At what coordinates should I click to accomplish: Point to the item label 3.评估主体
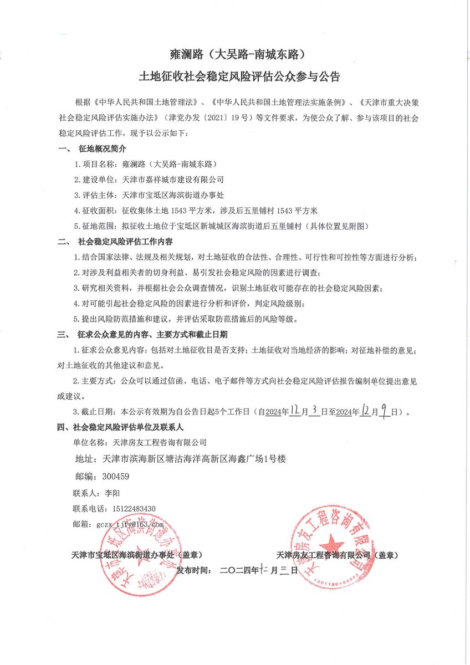tap(94, 195)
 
